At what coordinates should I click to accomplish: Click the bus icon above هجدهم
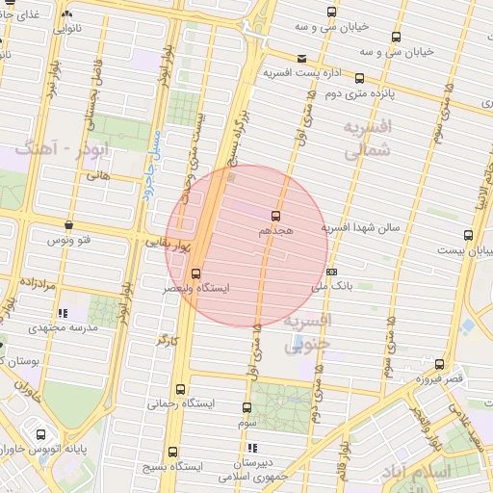point(276,216)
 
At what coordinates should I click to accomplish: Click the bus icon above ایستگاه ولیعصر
point(195,273)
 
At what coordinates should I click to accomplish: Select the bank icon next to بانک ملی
point(331,272)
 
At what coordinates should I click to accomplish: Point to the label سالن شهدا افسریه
point(362,228)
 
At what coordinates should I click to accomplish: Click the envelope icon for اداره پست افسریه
point(302,59)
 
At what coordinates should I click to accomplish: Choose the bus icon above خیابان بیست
point(468,234)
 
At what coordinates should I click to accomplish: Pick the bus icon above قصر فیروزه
point(439,364)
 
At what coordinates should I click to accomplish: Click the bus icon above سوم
point(246,407)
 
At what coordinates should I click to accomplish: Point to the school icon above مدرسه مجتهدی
point(64,313)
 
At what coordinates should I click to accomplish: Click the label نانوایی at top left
point(79,29)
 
